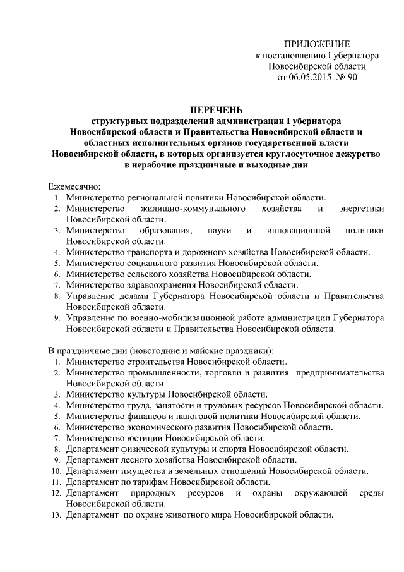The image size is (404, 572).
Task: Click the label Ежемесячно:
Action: click(74, 186)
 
